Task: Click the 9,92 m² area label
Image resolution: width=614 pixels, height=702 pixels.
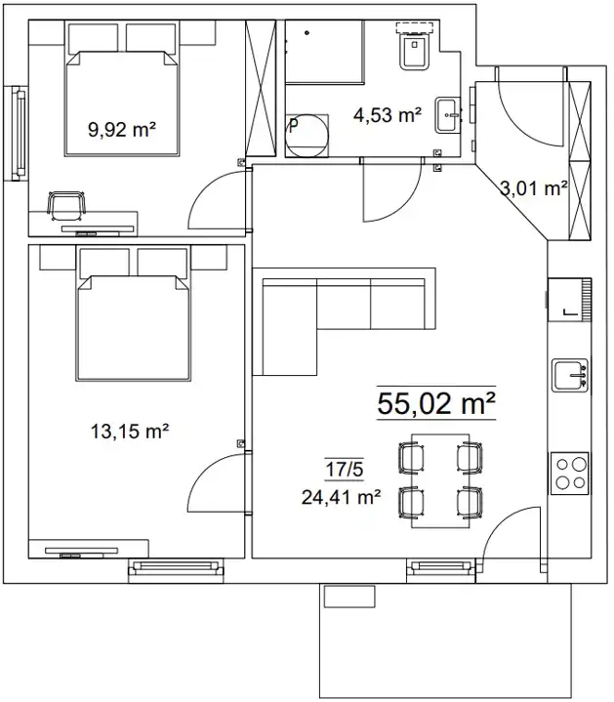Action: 122,130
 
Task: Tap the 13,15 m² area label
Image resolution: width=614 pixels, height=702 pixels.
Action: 130,432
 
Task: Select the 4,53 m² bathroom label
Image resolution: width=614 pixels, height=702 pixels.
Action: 388,115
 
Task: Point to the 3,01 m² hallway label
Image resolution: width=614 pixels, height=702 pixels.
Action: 534,188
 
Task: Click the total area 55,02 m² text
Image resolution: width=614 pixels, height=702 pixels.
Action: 436,403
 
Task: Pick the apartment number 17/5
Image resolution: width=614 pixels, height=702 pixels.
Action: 345,470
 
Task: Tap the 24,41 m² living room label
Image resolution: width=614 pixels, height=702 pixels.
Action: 341,497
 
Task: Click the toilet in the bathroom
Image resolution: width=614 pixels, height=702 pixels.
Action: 415,49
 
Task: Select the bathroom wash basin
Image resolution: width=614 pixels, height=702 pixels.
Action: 447,115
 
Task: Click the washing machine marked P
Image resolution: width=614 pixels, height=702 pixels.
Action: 307,136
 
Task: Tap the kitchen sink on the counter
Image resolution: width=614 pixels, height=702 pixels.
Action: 570,375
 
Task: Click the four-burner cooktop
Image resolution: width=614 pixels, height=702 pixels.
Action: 569,474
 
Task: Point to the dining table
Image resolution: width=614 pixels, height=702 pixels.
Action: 440,480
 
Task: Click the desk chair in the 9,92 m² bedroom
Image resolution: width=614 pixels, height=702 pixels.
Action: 66,205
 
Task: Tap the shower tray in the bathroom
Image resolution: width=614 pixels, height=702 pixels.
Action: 325,52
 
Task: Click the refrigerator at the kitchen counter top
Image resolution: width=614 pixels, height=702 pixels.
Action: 569,300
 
